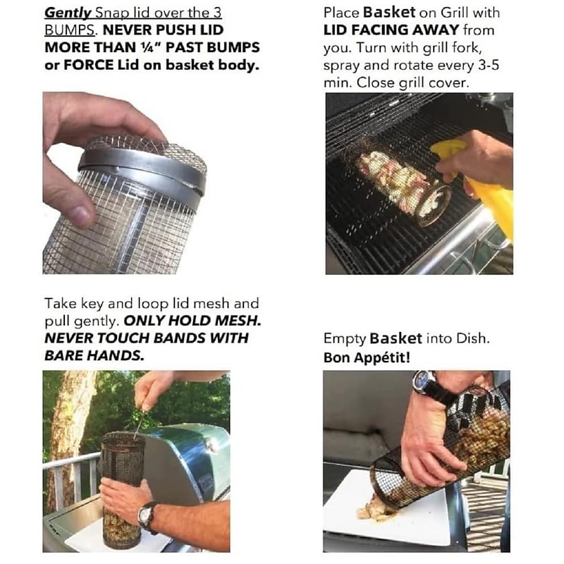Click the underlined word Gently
pyautogui.click(x=64, y=13)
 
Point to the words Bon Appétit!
pyautogui.click(x=367, y=357)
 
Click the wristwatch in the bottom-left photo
pyautogui.click(x=147, y=516)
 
